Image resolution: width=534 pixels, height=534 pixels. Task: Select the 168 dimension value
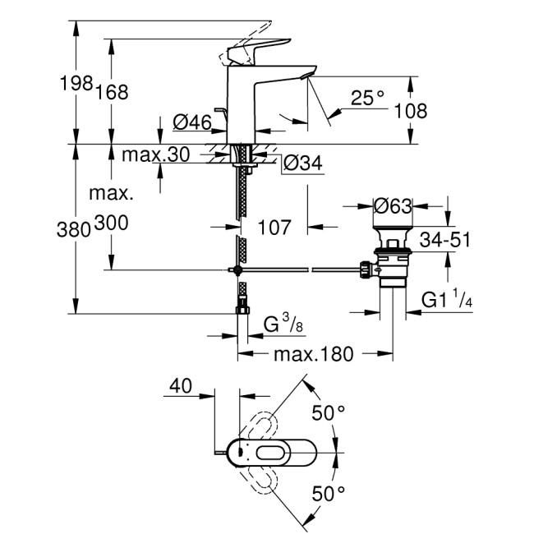click(x=113, y=93)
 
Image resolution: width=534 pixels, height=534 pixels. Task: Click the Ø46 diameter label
click(x=192, y=123)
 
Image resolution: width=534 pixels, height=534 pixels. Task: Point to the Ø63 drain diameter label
click(x=392, y=206)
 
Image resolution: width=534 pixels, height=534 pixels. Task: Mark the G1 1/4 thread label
click(x=447, y=301)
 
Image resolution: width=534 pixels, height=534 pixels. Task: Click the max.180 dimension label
click(x=313, y=354)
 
